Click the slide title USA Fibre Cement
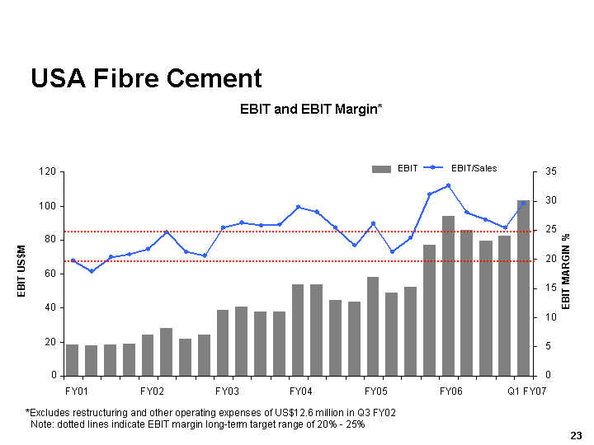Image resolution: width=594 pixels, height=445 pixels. (x=146, y=78)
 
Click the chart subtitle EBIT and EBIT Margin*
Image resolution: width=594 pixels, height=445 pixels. (x=311, y=109)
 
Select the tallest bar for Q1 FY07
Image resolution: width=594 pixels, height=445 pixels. (x=523, y=288)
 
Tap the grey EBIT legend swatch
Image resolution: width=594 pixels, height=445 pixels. (x=381, y=169)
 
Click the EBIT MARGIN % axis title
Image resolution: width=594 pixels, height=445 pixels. (x=567, y=272)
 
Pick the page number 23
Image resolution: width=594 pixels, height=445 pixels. (x=576, y=434)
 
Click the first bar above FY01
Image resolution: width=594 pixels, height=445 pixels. (x=73, y=360)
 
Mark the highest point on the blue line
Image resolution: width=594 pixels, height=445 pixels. (x=448, y=185)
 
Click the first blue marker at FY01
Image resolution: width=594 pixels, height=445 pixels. (x=73, y=260)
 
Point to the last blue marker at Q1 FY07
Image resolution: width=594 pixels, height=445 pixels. (x=523, y=203)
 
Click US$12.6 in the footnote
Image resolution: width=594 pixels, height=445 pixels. (x=272, y=412)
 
